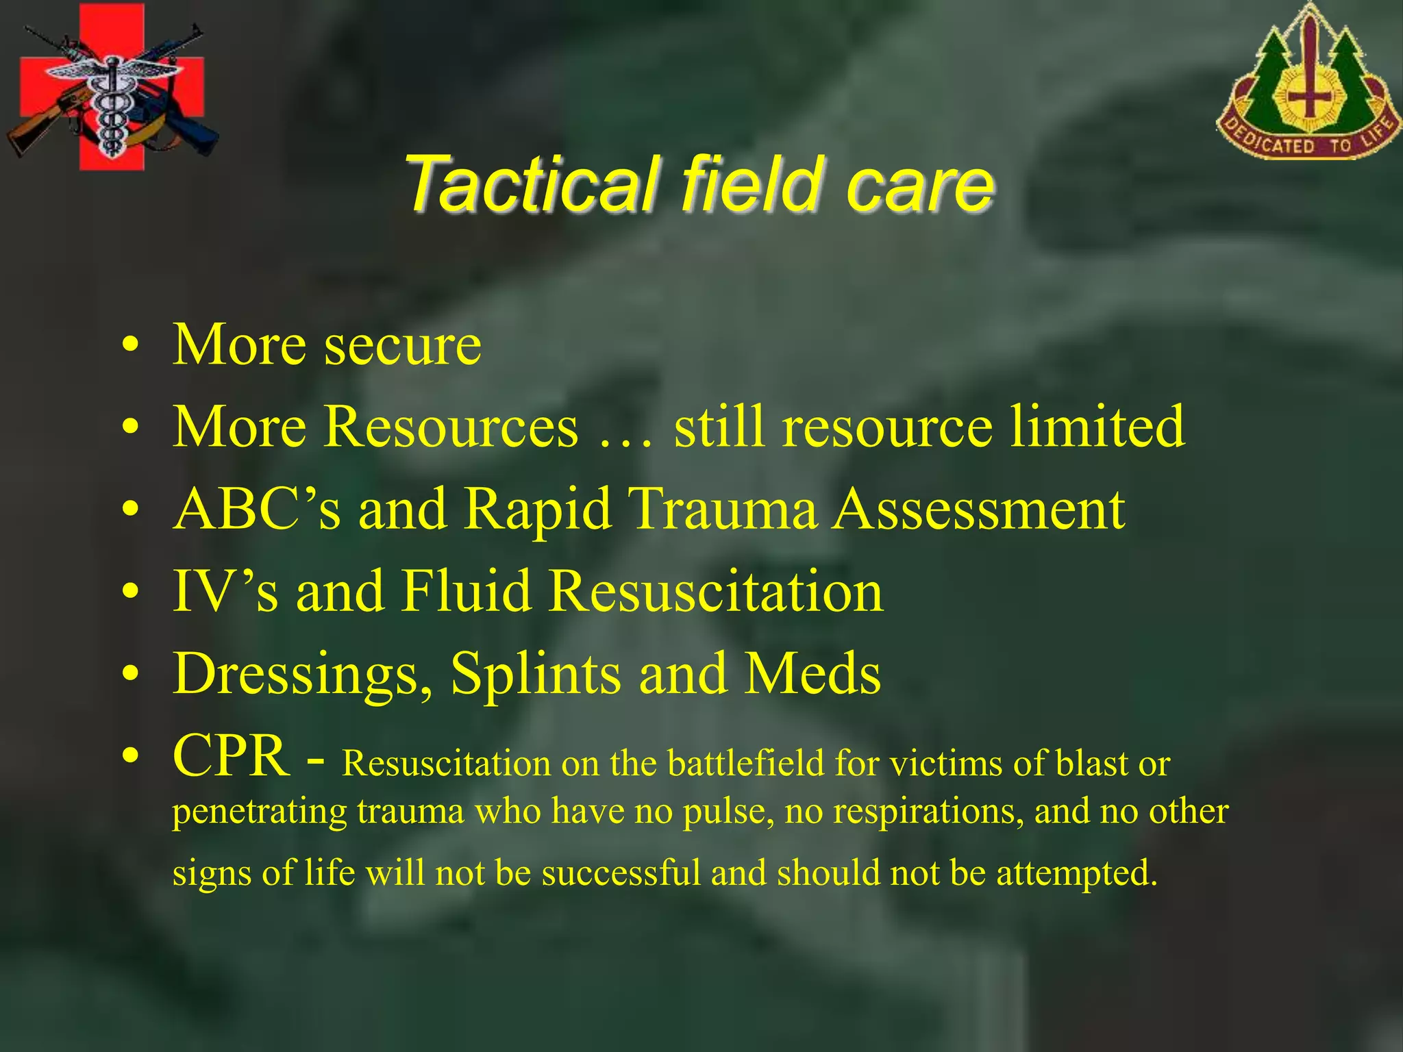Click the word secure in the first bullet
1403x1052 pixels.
pyautogui.click(x=403, y=345)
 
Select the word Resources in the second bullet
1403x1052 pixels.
pyautogui.click(x=451, y=427)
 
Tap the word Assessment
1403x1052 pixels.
pyautogui.click(x=978, y=510)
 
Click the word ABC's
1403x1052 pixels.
pyautogui.click(x=257, y=510)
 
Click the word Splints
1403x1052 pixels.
pyautogui.click(x=536, y=674)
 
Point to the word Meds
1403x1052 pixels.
pyautogui.click(x=812, y=674)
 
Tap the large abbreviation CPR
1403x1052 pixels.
pyautogui.click(x=231, y=755)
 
